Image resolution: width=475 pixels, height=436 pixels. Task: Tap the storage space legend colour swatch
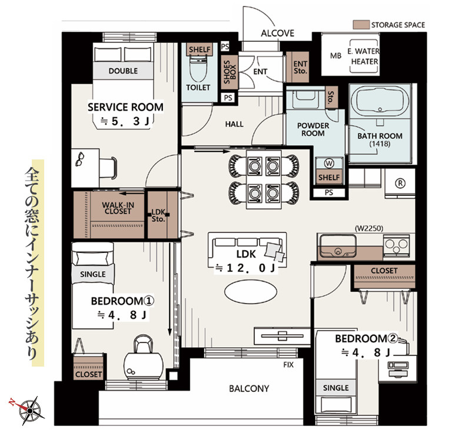tap(361, 25)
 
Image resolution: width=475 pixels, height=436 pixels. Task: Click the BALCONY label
tap(249, 388)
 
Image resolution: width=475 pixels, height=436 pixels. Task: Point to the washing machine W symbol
tap(329, 164)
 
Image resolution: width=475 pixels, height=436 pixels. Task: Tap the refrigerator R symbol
tap(400, 183)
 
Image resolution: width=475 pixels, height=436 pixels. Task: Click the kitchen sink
tap(337, 246)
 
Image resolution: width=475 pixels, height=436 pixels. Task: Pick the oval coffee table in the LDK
tap(251, 291)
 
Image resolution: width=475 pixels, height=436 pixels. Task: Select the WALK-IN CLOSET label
tap(118, 208)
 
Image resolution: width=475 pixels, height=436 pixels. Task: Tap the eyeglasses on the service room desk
tap(80, 159)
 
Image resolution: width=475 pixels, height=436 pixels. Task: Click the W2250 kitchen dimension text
tap(368, 228)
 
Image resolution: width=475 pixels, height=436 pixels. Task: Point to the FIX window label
tap(288, 365)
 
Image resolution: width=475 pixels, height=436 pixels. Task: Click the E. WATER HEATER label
tap(364, 56)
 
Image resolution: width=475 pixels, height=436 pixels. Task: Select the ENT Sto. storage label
tap(300, 68)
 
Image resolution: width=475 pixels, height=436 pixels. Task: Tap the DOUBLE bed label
tap(123, 71)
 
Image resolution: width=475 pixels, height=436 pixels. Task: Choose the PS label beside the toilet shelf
tap(225, 46)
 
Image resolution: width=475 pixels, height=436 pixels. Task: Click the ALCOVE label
tap(277, 33)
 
